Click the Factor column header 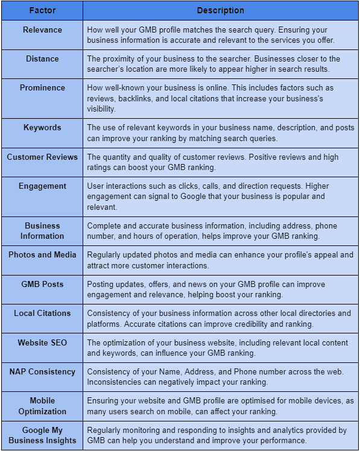pyautogui.click(x=42, y=10)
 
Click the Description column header pyautogui.click(x=221, y=10)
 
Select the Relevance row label pyautogui.click(x=42, y=29)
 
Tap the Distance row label pyautogui.click(x=42, y=58)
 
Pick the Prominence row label pyautogui.click(x=42, y=88)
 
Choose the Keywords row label pyautogui.click(x=42, y=128)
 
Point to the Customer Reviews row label pyautogui.click(x=42, y=157)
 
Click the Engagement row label pyautogui.click(x=42, y=186)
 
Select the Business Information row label pyautogui.click(x=42, y=231)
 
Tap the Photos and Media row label pyautogui.click(x=42, y=254)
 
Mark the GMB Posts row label pyautogui.click(x=42, y=284)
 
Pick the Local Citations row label pyautogui.click(x=42, y=313)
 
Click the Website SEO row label pyautogui.click(x=42, y=342)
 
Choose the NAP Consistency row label pyautogui.click(x=42, y=372)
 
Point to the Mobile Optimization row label pyautogui.click(x=42, y=406)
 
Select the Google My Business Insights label pyautogui.click(x=42, y=435)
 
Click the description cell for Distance pyautogui.click(x=221, y=64)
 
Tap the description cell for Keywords pyautogui.click(x=221, y=133)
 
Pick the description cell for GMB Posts pyautogui.click(x=221, y=289)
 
